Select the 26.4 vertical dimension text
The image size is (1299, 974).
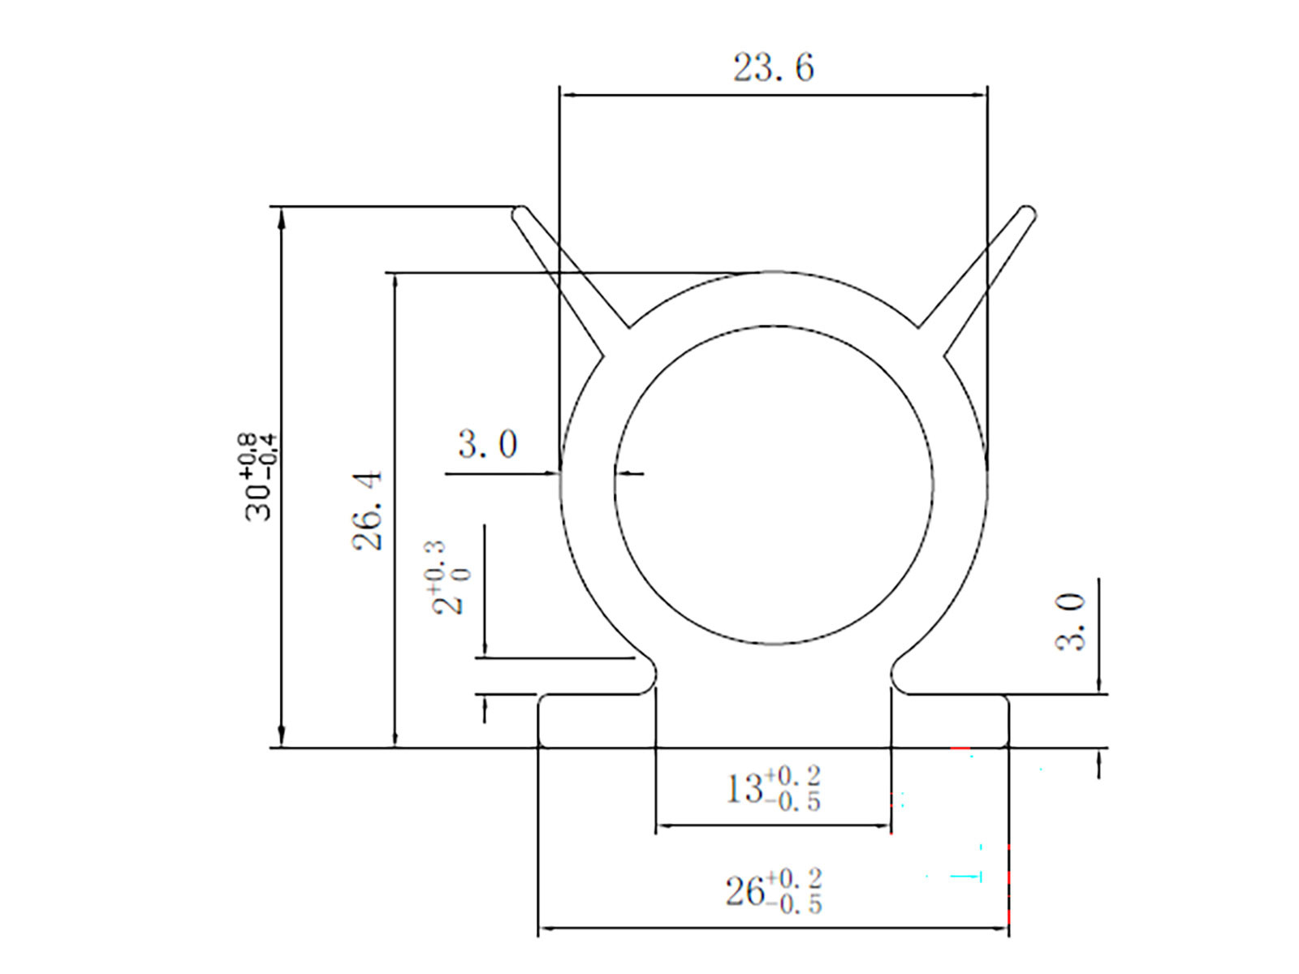click(368, 510)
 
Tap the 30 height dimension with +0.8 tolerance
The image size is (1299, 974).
click(257, 476)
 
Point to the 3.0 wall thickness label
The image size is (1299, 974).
click(487, 444)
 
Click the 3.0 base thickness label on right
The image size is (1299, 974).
click(1071, 622)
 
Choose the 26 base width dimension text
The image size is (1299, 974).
click(773, 890)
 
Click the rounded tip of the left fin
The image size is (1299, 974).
click(520, 213)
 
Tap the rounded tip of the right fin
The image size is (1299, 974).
click(1028, 213)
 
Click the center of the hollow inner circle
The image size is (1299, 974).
click(774, 485)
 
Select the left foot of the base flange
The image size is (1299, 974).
click(597, 721)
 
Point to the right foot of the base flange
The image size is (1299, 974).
click(950, 721)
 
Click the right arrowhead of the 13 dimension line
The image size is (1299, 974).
click(881, 825)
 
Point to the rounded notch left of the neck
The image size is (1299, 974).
click(646, 675)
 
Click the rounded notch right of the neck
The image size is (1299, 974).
click(901, 675)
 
